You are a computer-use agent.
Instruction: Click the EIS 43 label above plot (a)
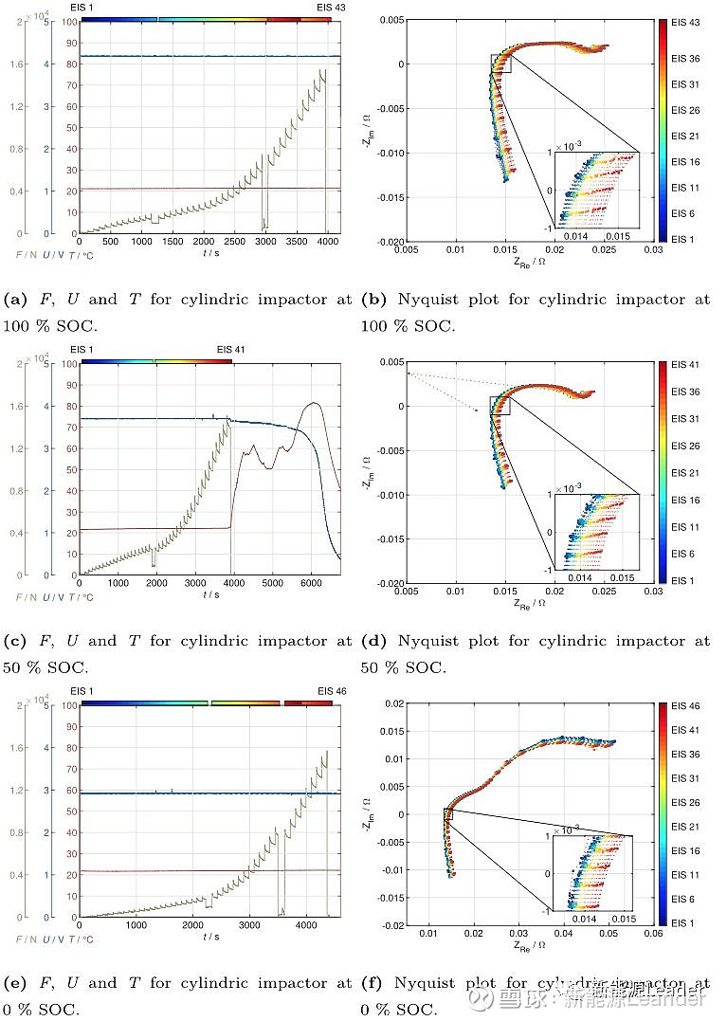(331, 7)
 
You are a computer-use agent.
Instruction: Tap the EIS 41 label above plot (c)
(230, 349)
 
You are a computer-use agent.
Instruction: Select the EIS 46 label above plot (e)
(332, 691)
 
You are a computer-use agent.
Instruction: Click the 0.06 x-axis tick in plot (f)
(652, 934)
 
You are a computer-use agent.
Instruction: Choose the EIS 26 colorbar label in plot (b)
(685, 111)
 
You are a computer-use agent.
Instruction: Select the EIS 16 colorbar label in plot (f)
(685, 851)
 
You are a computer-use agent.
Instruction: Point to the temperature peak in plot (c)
(313, 403)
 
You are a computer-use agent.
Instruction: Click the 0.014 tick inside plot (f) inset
(582, 920)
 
